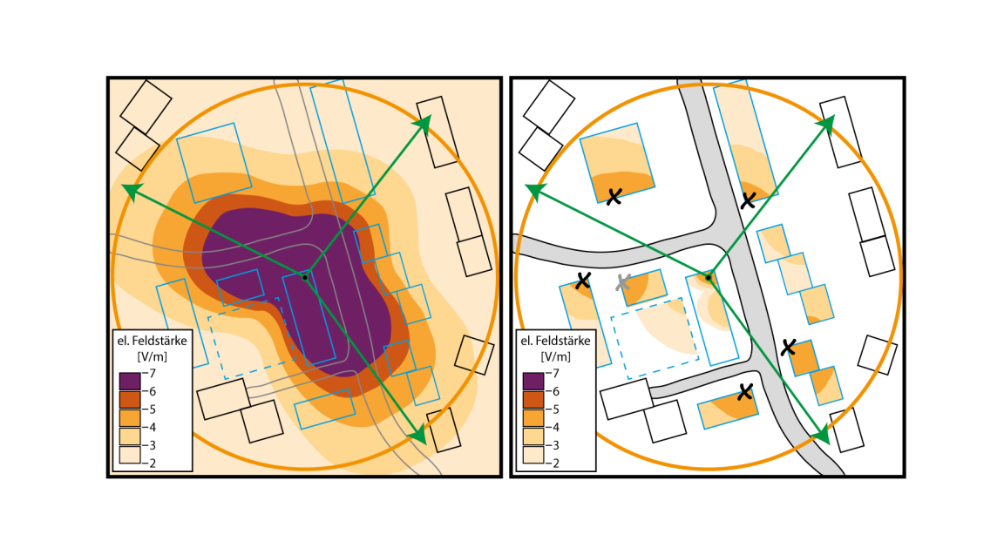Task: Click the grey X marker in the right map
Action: [x=623, y=282]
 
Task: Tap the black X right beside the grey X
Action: [x=584, y=281]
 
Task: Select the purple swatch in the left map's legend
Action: [x=129, y=381]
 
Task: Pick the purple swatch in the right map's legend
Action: [x=533, y=381]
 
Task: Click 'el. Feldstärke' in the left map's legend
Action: [x=153, y=341]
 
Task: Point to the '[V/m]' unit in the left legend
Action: [x=153, y=357]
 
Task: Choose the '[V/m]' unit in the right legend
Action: [x=556, y=357]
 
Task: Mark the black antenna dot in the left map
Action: [x=304, y=277]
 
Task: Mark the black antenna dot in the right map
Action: [x=708, y=278]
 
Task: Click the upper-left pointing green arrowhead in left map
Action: [x=130, y=191]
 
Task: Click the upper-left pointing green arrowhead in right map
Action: [x=533, y=191]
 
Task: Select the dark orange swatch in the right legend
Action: [x=533, y=399]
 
